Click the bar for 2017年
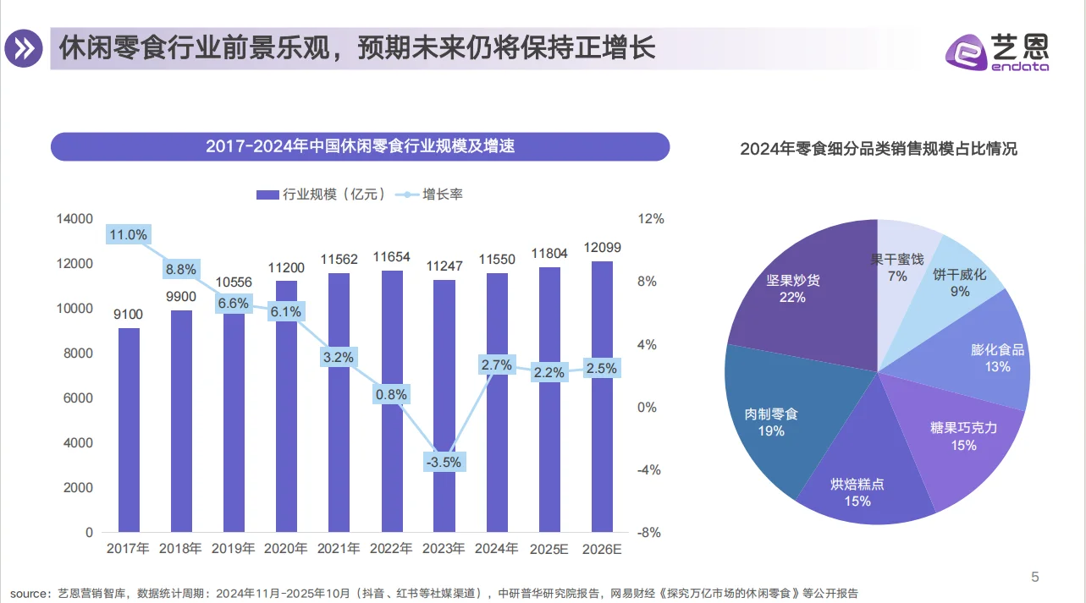tap(129, 430)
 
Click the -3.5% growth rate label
tap(444, 462)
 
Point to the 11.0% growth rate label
tap(129, 234)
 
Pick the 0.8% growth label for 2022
tap(392, 394)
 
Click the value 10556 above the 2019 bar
tap(234, 281)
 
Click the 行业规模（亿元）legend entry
tap(322, 195)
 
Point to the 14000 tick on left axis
tap(74, 219)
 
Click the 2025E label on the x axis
tap(549, 549)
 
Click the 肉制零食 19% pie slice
tap(770, 423)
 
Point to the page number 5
tap(1034, 578)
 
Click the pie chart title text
tap(878, 150)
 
